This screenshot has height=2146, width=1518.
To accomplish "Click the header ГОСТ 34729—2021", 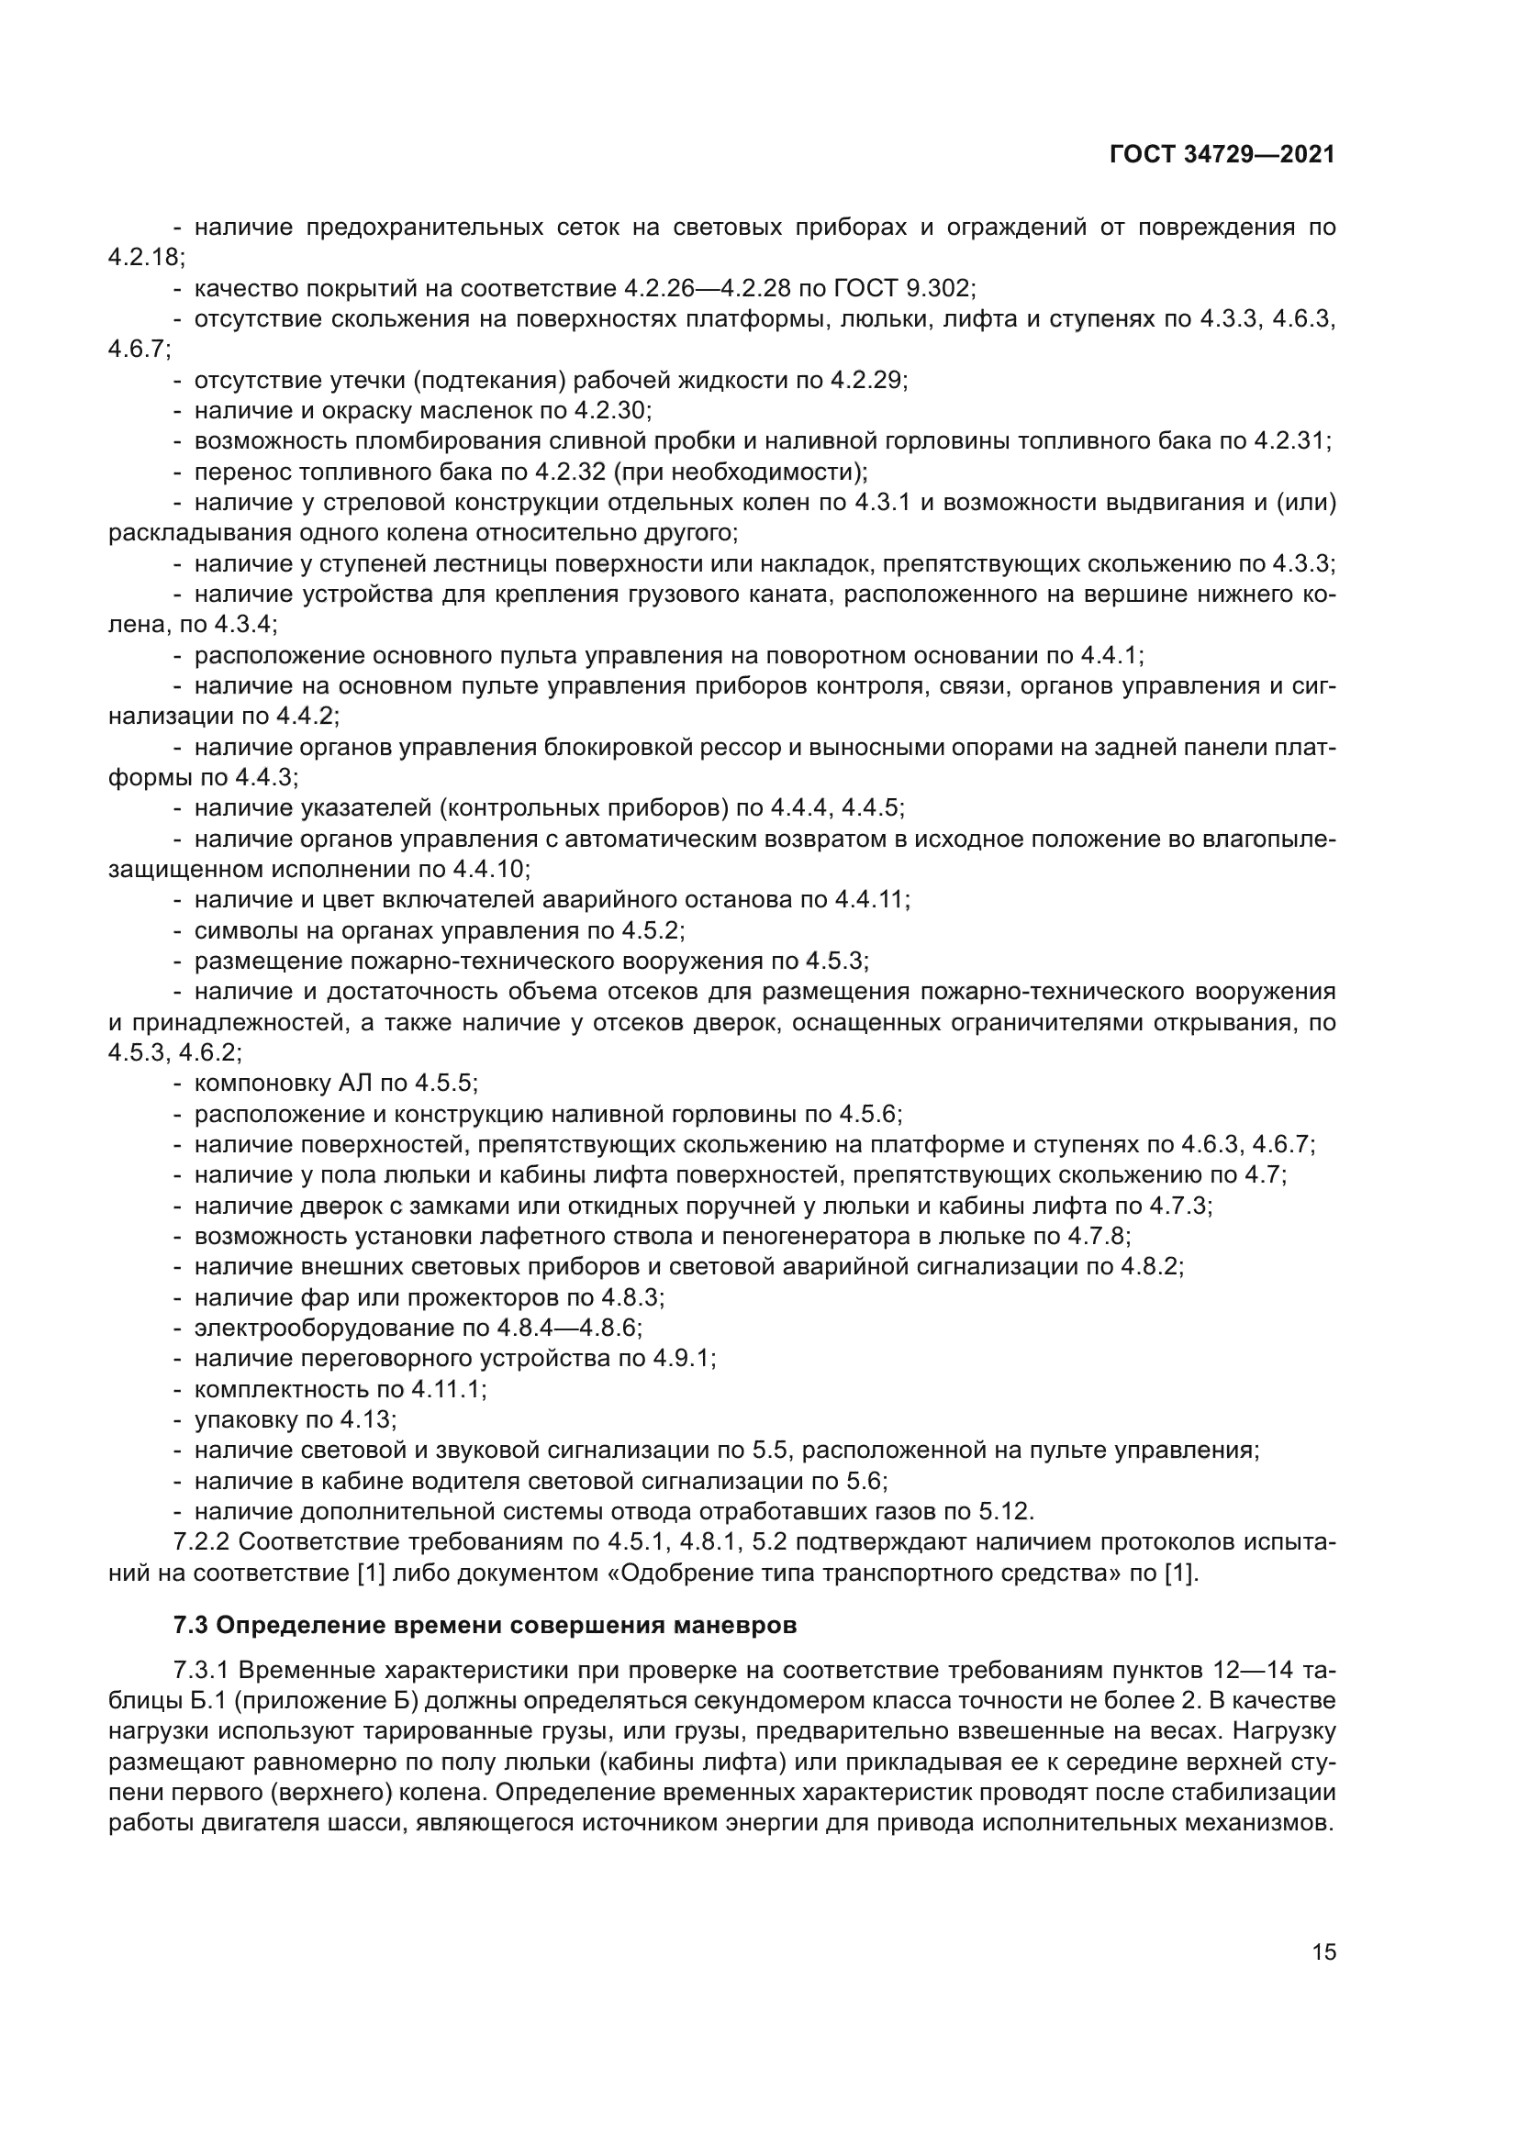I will [x=1222, y=155].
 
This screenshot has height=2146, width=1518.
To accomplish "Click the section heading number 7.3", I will [x=191, y=1626].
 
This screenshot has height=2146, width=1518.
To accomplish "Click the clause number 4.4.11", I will [x=870, y=900].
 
